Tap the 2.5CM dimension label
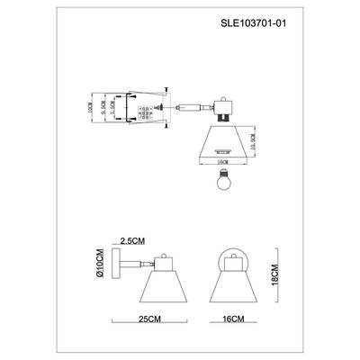[x=131, y=240]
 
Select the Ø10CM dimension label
[x=101, y=269]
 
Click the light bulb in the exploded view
[x=222, y=176]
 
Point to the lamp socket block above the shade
[x=222, y=112]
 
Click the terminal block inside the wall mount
[x=142, y=110]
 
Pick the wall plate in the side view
[x=121, y=267]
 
